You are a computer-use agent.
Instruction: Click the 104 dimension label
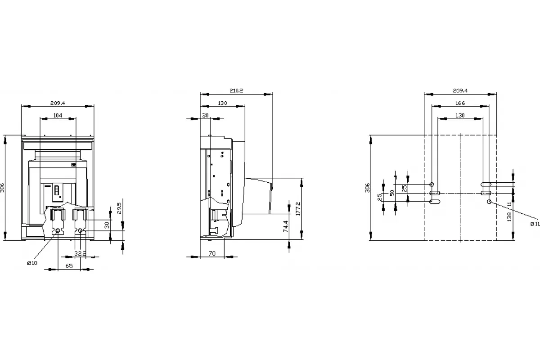coord(58,115)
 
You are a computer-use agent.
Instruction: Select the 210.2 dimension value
coord(236,90)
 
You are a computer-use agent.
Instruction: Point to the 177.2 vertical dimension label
coord(298,208)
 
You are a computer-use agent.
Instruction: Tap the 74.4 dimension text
coord(285,226)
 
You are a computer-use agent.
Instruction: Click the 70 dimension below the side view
coord(212,253)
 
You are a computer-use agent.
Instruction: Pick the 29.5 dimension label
coord(119,208)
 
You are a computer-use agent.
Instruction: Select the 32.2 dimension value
coord(80,253)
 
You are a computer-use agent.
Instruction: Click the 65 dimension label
coord(69,265)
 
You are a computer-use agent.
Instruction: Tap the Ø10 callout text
coord(32,263)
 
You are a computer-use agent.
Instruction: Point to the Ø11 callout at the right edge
coord(535,224)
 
